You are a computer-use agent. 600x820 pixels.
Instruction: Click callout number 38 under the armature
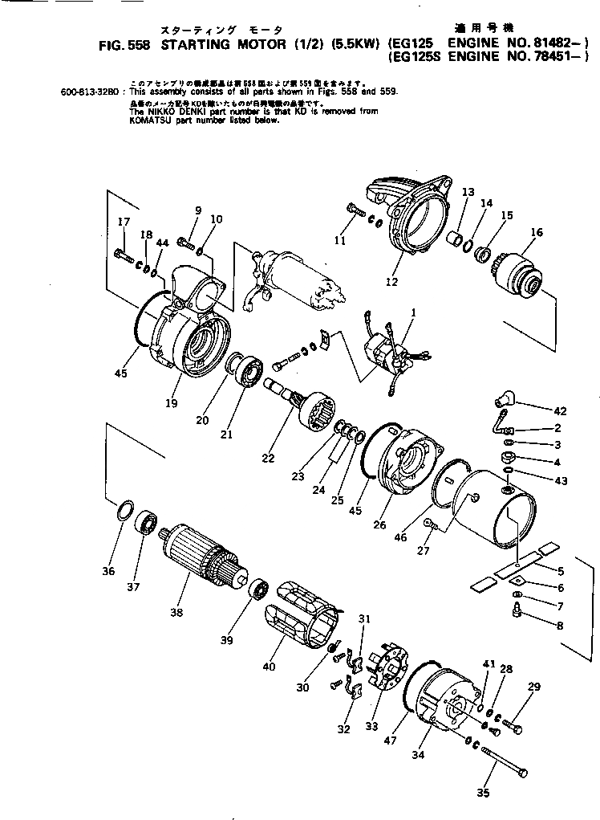[176, 612]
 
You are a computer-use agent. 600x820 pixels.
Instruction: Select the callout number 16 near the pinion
[536, 233]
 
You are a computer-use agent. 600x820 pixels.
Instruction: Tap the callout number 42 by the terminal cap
[558, 410]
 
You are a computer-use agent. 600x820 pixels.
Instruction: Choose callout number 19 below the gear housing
[171, 403]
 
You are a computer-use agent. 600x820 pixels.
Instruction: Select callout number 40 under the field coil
[268, 666]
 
